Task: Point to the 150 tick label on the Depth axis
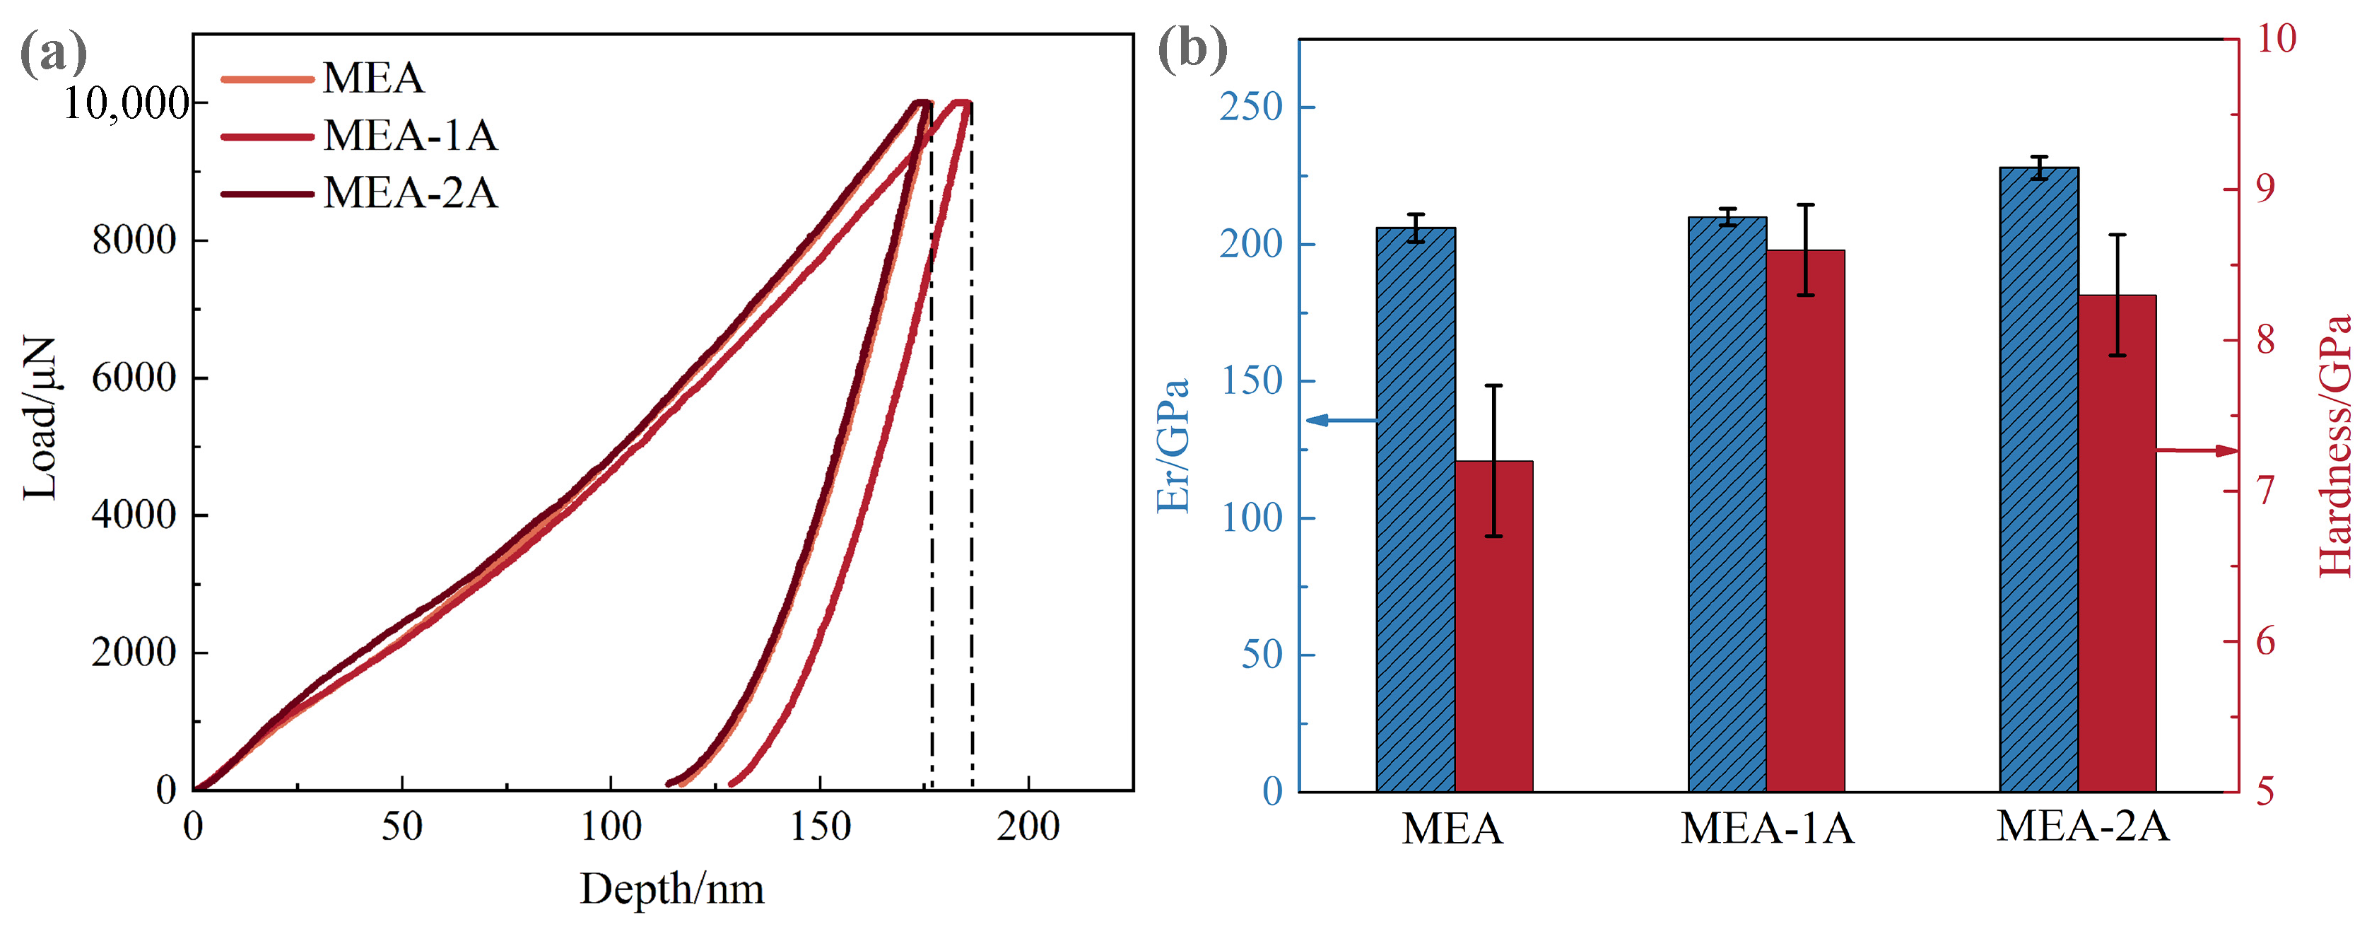click(820, 826)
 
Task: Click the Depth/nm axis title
click(671, 889)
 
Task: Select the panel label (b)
click(1192, 48)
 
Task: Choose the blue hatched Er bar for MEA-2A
click(2038, 479)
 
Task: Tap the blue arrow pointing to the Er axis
click(1341, 420)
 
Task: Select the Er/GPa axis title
click(1173, 446)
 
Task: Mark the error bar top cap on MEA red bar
click(1493, 385)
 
